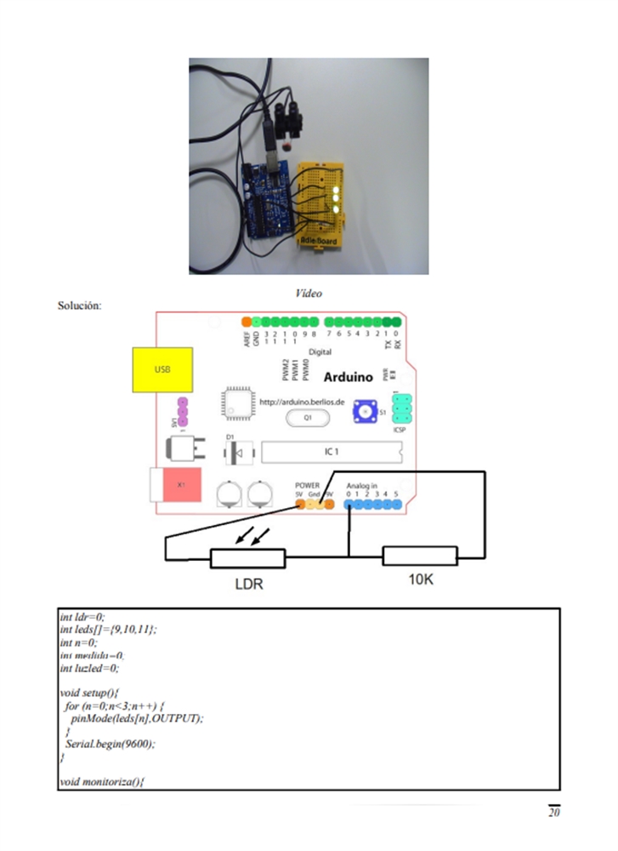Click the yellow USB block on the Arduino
tap(162, 370)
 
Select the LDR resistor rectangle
tap(247, 558)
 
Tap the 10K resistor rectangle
tap(420, 557)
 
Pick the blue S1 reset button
tap(367, 411)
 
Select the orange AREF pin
tap(247, 322)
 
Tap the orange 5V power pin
tap(299, 504)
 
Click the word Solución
tap(80, 305)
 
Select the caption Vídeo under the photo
tap(309, 293)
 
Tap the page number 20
tap(553, 812)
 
